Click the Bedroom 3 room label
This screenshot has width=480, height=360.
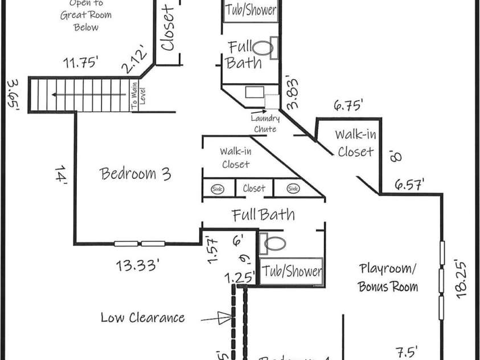[136, 173]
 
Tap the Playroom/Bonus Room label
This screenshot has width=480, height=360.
[388, 277]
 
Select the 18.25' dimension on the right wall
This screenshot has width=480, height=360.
[461, 279]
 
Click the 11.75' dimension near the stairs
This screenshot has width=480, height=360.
[82, 63]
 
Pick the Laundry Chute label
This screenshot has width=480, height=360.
[265, 124]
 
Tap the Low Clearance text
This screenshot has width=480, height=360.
[142, 317]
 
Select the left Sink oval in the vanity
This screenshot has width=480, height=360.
[218, 189]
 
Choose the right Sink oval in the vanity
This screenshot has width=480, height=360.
[293, 189]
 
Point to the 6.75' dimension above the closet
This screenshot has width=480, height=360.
[348, 105]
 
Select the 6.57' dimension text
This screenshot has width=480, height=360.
[409, 183]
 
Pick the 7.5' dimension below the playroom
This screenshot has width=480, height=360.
[407, 351]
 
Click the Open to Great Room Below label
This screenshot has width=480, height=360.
[87, 17]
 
